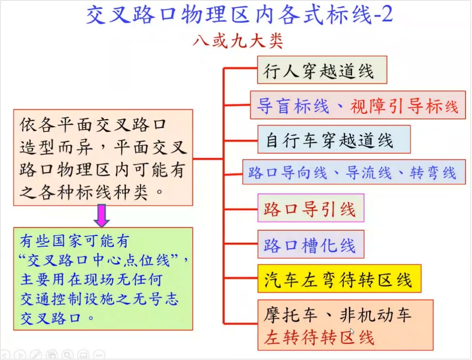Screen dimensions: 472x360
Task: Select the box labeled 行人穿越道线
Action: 322,70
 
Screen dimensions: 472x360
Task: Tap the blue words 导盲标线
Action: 293,106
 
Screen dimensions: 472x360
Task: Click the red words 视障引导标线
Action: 404,106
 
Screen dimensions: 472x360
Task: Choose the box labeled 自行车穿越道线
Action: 334,139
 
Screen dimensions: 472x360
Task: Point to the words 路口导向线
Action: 288,173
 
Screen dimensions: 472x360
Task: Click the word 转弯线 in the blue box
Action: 433,173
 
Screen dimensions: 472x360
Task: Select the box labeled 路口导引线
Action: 311,208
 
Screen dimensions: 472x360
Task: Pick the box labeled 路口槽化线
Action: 311,244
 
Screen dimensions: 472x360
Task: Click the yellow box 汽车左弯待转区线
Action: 340,279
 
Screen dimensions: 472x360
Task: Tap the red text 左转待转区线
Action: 319,337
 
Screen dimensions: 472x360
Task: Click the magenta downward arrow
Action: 102,215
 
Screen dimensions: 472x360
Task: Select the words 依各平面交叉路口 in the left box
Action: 93,125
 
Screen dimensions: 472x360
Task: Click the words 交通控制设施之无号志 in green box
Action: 99,299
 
